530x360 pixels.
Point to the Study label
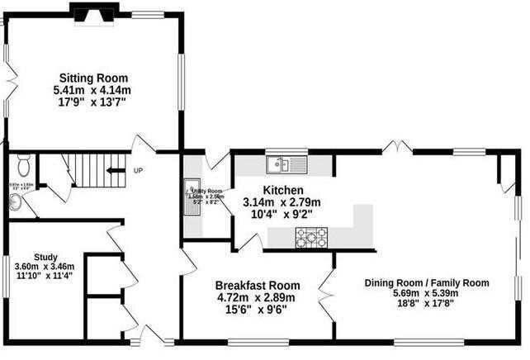pos(45,256)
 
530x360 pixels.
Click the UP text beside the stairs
pos(138,172)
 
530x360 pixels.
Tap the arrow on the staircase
pos(114,172)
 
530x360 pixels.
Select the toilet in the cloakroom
pos(22,160)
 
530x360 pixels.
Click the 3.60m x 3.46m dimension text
pos(45,267)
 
